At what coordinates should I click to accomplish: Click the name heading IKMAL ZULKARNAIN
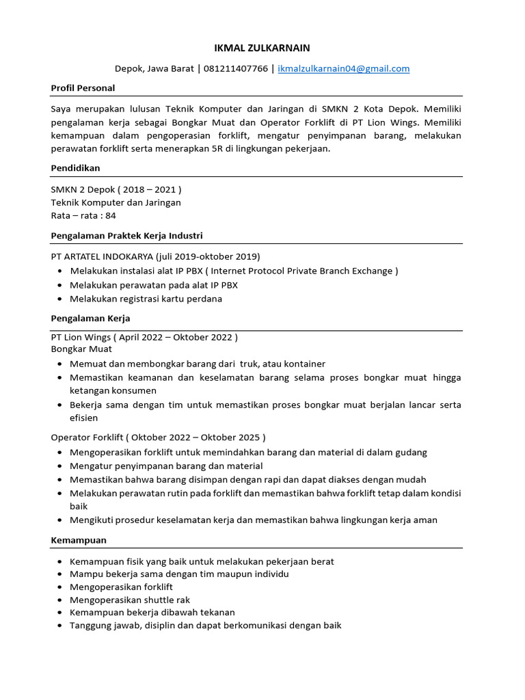(262, 48)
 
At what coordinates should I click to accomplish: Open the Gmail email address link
(344, 68)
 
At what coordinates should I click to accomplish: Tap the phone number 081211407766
(235, 68)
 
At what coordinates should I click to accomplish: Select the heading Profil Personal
(83, 88)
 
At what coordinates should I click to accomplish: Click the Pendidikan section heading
(75, 167)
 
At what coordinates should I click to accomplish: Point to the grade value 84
(110, 215)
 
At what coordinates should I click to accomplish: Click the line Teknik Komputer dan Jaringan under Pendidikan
(116, 202)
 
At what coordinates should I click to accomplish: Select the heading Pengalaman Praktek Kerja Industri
(126, 236)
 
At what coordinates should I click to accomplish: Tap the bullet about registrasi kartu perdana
(146, 299)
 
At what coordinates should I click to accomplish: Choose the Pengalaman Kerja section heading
(90, 319)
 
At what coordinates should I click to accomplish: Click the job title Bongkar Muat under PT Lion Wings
(81, 349)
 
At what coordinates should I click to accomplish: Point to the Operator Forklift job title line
(158, 437)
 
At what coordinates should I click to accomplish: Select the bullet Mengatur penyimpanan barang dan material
(166, 466)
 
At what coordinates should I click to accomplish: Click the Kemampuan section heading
(79, 540)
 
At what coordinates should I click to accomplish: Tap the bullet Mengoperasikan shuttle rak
(130, 600)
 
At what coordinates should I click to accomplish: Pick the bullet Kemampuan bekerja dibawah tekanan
(152, 612)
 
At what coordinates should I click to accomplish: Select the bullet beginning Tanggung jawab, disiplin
(205, 625)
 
